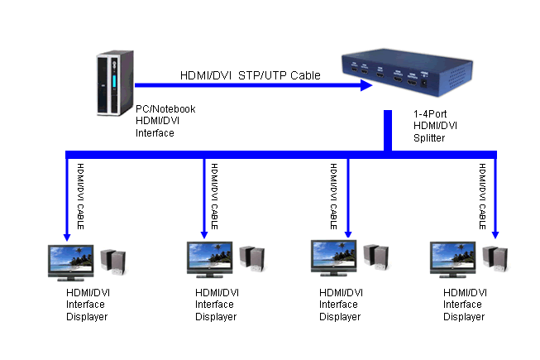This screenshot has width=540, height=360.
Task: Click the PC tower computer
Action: pos(115,83)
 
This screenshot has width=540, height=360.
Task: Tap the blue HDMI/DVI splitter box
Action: pos(407,72)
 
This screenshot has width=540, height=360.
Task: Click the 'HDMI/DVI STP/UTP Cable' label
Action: pos(250,75)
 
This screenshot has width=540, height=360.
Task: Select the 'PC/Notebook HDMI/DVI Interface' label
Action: pos(165,121)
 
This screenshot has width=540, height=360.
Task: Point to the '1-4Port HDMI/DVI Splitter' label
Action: pos(435,126)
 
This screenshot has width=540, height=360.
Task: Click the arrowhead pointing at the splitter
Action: pos(366,85)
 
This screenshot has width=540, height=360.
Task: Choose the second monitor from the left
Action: pos(209,259)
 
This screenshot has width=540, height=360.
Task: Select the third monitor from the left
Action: pos(334,258)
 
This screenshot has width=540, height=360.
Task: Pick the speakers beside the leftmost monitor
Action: pos(113,262)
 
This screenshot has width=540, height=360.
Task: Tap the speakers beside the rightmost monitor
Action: pos(495,259)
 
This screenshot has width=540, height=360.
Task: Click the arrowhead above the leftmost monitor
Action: pos(67,238)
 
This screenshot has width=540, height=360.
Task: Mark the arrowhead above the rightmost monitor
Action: pos(495,235)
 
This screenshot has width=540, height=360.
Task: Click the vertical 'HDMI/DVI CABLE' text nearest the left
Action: pos(80,196)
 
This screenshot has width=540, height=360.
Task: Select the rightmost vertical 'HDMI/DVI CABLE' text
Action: pos(482,196)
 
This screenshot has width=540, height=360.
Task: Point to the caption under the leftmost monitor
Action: pos(88,305)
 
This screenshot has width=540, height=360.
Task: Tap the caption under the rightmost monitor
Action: pos(465,305)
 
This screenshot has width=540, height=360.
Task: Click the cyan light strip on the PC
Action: pos(114,81)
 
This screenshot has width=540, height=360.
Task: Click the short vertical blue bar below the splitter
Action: pos(388,130)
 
